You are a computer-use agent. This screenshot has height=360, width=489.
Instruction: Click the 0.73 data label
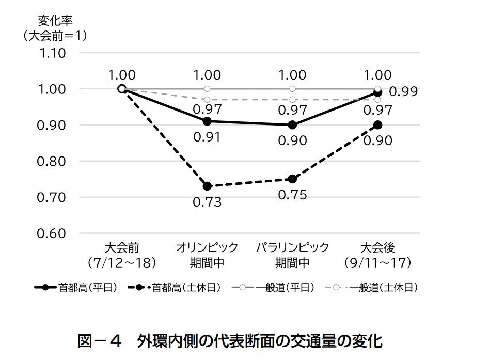point(207,202)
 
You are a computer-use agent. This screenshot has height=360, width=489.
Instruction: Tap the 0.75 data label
point(292,195)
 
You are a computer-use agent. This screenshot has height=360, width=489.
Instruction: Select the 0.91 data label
point(207,137)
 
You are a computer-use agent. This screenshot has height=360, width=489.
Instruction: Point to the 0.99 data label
point(403,92)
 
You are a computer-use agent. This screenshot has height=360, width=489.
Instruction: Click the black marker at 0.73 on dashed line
point(207,186)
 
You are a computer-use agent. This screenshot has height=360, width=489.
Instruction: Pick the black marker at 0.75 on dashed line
point(292,179)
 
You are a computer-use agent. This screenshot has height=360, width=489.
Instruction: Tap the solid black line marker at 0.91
point(207,121)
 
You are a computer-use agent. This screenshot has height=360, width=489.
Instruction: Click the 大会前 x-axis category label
point(122,247)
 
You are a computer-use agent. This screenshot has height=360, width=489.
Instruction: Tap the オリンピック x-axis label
point(207,247)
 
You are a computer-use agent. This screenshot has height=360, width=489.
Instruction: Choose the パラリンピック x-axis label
point(292,247)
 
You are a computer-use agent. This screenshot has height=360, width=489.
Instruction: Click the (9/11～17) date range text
point(377,263)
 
